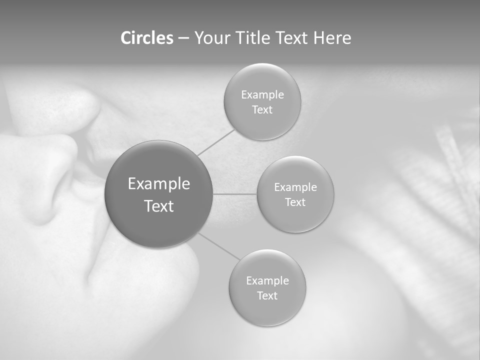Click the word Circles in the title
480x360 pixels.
[147, 38]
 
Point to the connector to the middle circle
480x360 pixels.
[235, 193]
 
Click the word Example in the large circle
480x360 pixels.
[159, 184]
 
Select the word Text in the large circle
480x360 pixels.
[159, 206]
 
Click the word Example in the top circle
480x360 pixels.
[262, 94]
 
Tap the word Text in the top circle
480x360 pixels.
[262, 109]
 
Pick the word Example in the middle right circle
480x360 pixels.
[295, 187]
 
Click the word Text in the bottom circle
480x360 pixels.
[267, 295]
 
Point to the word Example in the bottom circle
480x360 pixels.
[267, 280]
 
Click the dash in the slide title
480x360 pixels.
[183, 38]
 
